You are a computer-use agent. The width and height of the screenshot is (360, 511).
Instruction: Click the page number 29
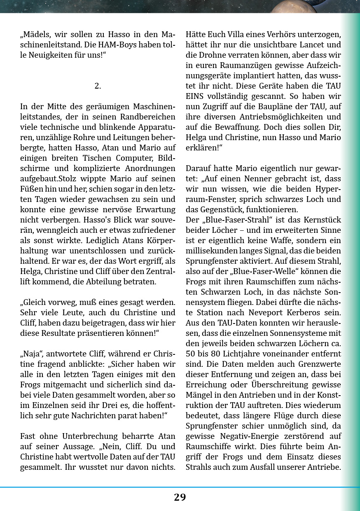click(x=180, y=497)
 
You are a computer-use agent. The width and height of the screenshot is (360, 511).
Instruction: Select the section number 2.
click(x=98, y=86)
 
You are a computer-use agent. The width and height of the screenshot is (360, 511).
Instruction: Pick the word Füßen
click(x=31, y=189)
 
